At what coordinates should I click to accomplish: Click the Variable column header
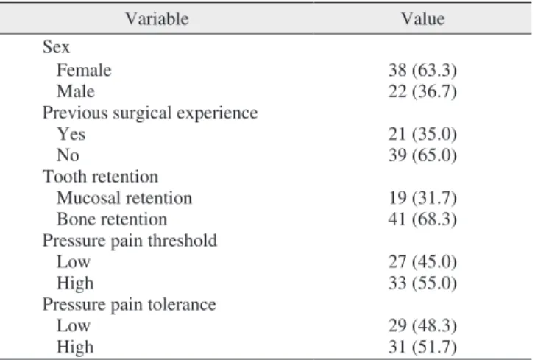[157, 18]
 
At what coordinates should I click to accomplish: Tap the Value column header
[422, 18]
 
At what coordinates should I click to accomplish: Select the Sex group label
[56, 47]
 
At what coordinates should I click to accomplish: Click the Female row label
[84, 70]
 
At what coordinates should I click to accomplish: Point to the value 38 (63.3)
[422, 70]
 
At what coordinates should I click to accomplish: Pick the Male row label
[76, 91]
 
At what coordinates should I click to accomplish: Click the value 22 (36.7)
[422, 91]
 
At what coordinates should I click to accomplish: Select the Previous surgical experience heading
[150, 113]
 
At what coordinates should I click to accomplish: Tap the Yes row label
[71, 134]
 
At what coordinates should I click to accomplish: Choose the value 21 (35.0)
[422, 134]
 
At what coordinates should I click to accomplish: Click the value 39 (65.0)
[422, 155]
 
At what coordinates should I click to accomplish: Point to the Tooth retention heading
[100, 177]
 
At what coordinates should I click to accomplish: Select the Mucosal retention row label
[124, 198]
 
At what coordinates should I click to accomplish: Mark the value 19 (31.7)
[422, 198]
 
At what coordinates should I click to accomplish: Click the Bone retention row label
[112, 219]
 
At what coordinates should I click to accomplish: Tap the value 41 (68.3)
[422, 219]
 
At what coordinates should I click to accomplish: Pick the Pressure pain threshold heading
[130, 241]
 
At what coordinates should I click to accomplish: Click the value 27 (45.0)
[422, 262]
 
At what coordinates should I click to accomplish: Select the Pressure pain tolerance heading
[130, 305]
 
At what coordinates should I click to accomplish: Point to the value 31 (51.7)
[422, 347]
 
